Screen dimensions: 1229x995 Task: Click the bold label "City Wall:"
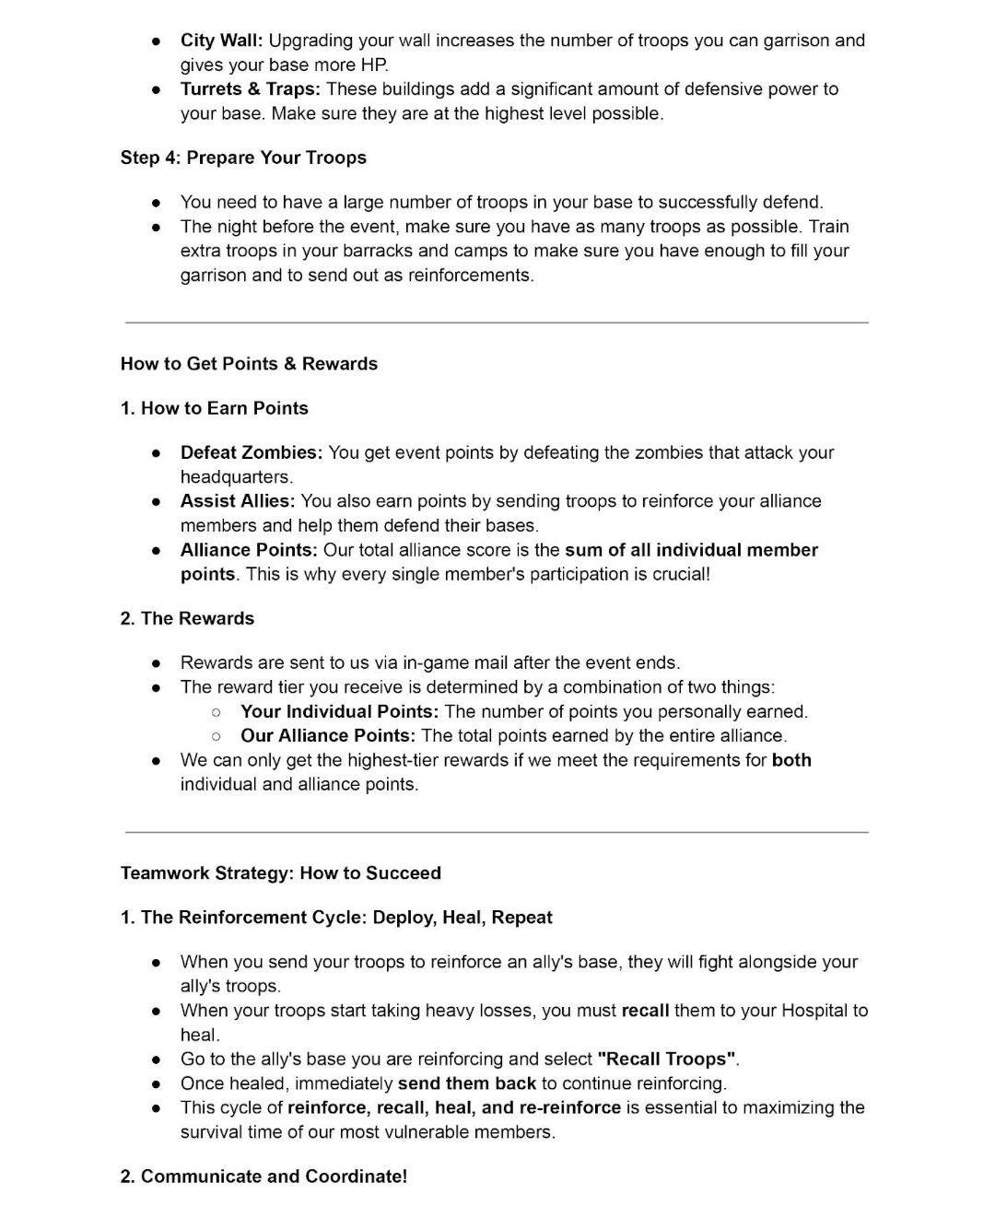221,41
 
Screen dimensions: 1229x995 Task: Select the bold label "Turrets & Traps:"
250,89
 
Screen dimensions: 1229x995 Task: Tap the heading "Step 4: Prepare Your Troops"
243,158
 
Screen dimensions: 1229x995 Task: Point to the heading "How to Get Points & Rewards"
249,364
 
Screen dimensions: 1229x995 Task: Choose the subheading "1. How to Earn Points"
214,408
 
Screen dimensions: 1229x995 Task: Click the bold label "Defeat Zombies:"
251,452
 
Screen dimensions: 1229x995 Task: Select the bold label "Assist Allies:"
237,501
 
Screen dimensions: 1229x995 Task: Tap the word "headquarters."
236,477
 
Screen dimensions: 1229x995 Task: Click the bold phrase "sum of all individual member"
691,550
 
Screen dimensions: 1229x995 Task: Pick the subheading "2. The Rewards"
187,618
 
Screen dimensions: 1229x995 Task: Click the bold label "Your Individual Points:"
339,712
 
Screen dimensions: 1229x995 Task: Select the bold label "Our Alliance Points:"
327,736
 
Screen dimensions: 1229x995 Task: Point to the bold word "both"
791,760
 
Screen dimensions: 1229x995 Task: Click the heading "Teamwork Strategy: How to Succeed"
280,873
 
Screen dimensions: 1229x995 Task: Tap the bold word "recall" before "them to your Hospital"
645,1011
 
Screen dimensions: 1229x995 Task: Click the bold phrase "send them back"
466,1083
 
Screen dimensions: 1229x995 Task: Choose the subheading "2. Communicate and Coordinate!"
263,1176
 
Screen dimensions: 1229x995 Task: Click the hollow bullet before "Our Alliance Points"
216,736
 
